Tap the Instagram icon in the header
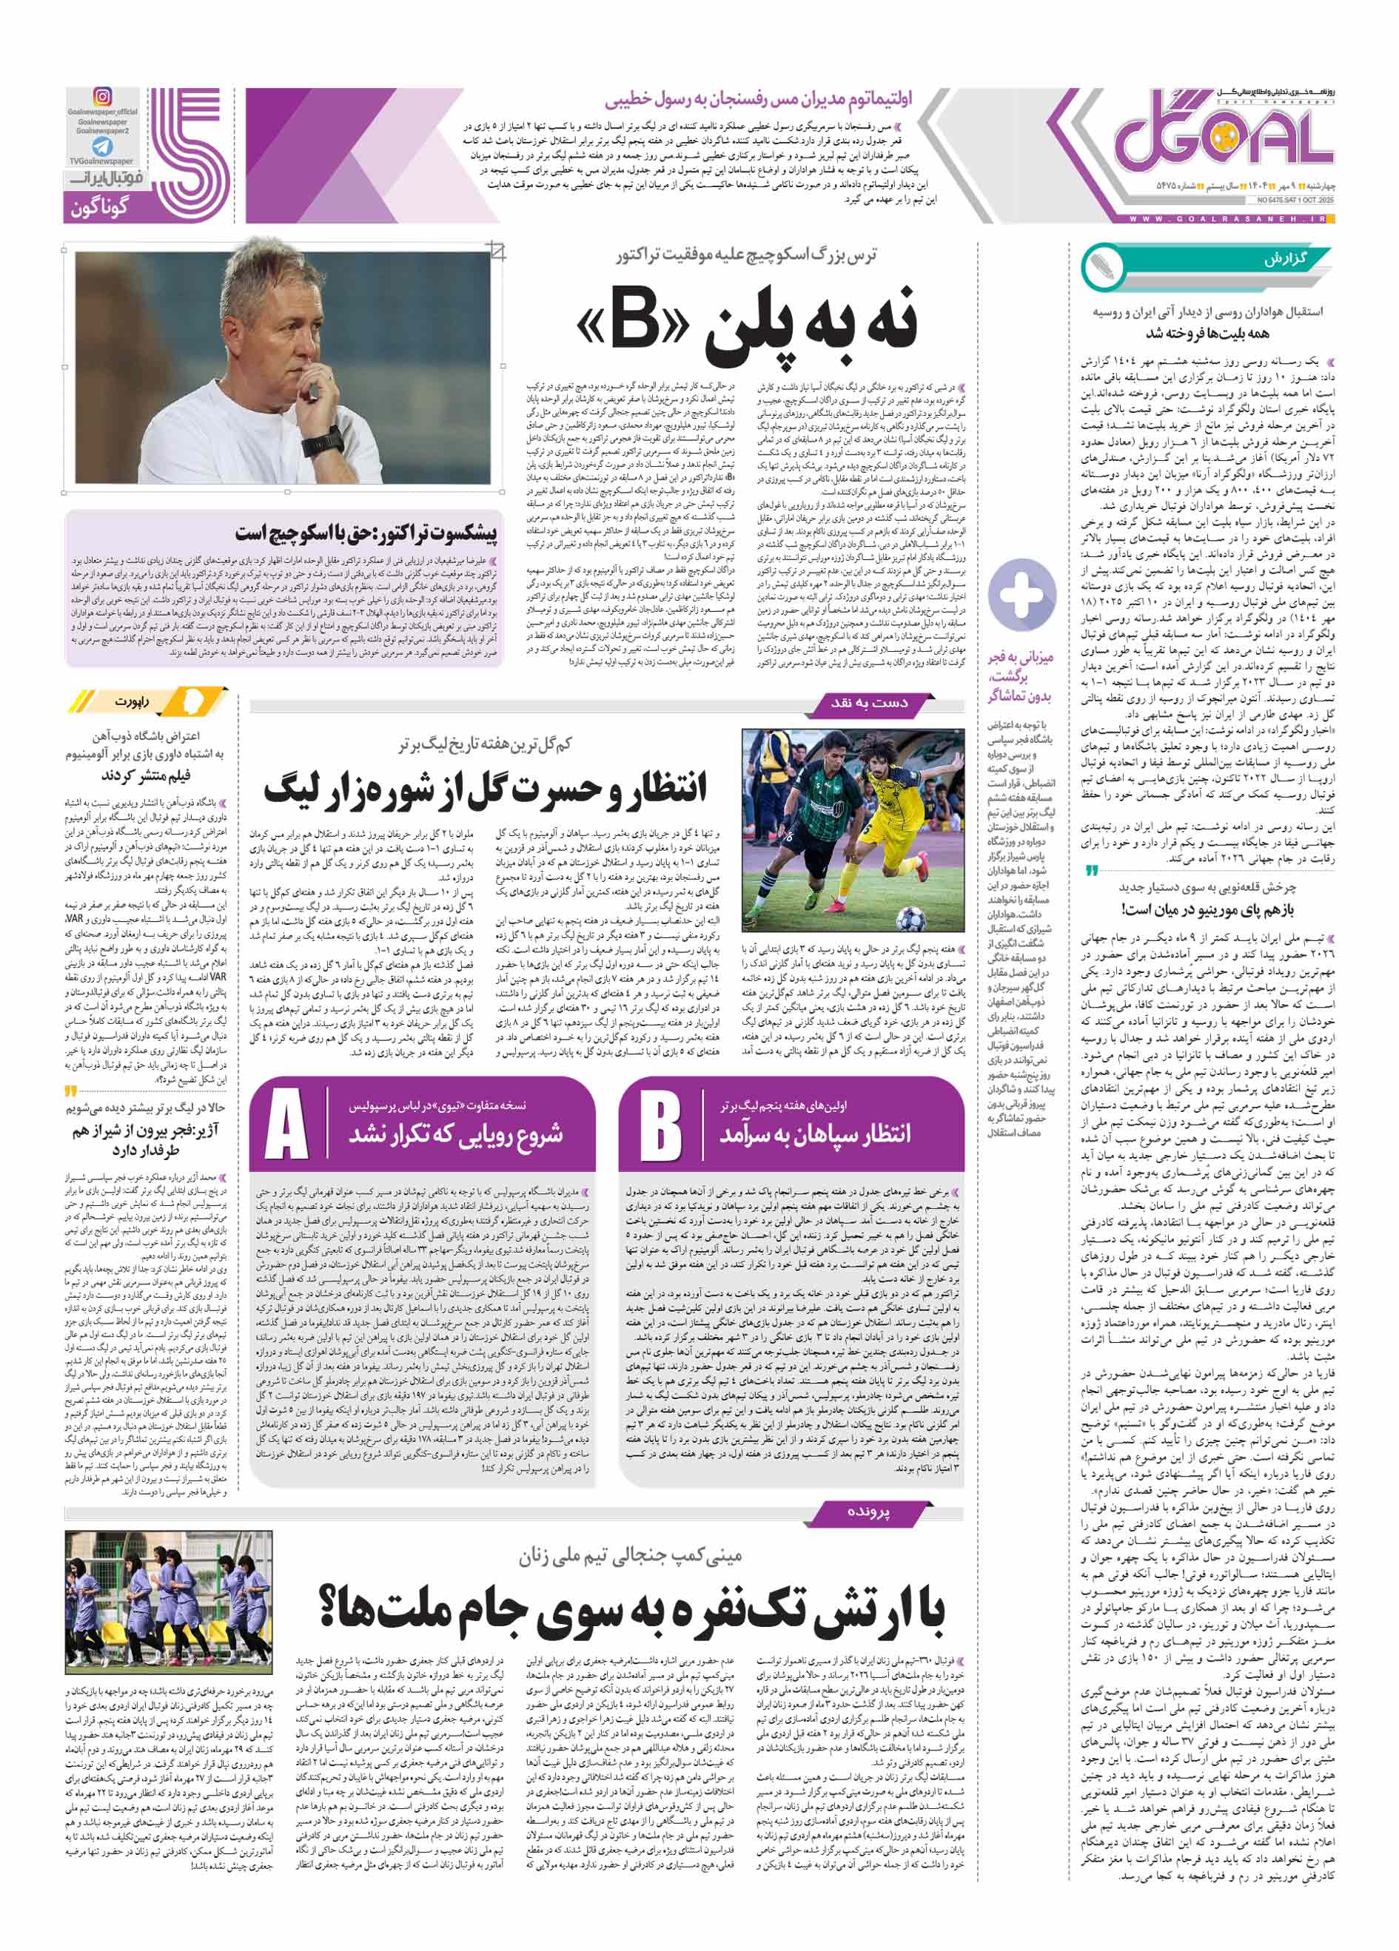click(102, 97)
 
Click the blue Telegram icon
click(102, 146)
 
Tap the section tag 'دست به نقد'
click(869, 703)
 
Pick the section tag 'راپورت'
click(134, 701)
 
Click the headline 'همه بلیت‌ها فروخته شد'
click(1207, 333)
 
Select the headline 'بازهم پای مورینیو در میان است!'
click(1207, 909)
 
